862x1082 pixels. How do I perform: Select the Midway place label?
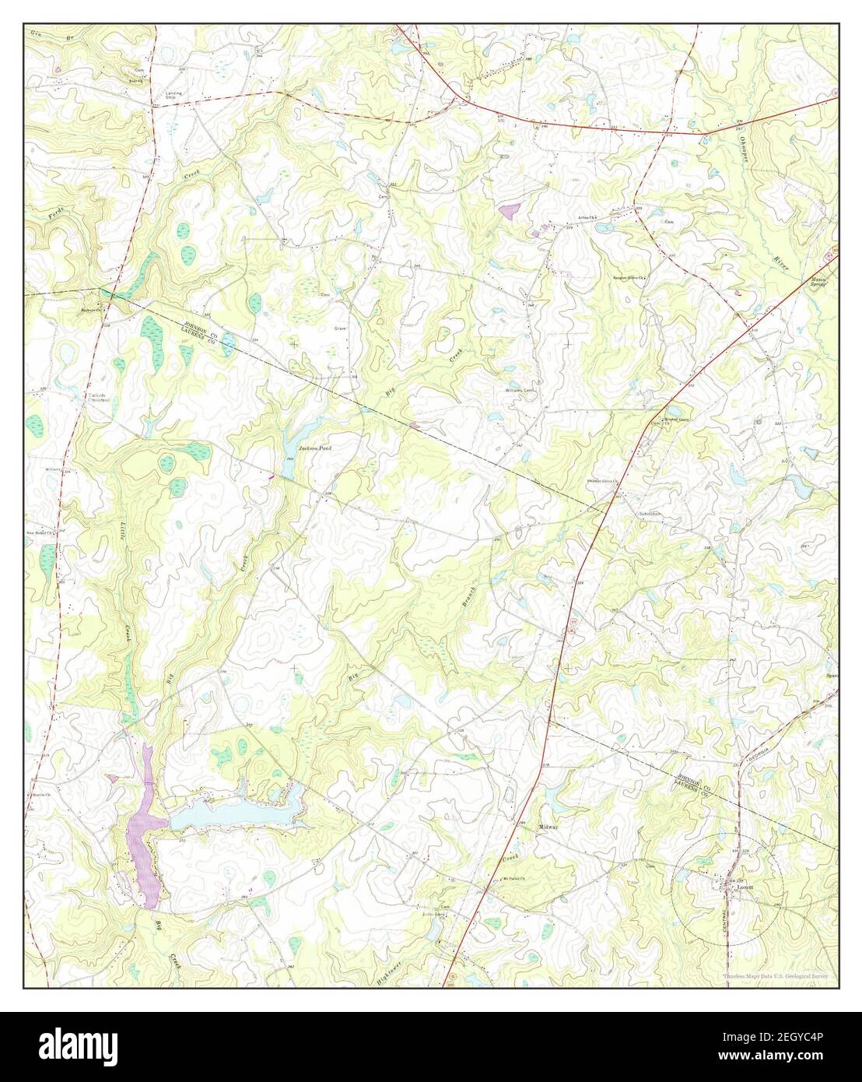[550, 826]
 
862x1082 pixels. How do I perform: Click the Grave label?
[340, 328]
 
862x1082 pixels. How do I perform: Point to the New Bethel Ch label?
[40, 533]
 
